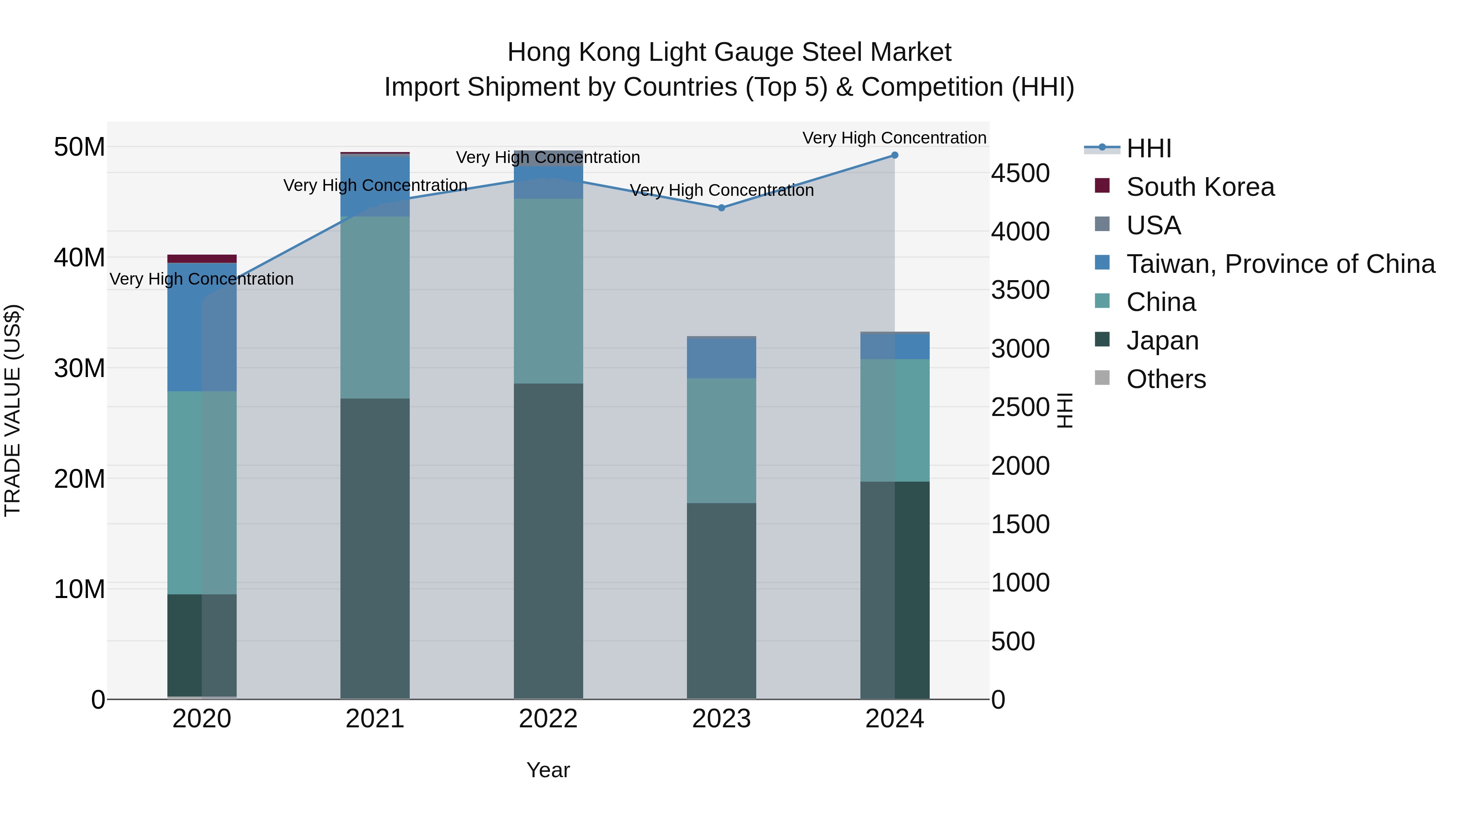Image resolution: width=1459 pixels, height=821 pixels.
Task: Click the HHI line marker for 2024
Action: click(x=894, y=155)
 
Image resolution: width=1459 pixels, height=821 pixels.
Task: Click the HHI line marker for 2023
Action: click(x=721, y=208)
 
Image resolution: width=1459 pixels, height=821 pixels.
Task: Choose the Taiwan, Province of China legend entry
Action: click(x=1280, y=264)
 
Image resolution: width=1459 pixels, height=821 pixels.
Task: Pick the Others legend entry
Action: click(x=1166, y=379)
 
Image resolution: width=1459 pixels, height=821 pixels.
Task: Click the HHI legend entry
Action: click(x=1148, y=148)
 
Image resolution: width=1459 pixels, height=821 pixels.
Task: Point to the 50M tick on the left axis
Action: click(x=79, y=147)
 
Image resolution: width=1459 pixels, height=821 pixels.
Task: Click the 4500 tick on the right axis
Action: click(x=1020, y=174)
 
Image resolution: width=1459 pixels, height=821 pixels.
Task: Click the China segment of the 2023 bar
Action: click(x=721, y=440)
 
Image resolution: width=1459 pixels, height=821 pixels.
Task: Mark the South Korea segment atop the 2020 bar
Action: click(x=202, y=259)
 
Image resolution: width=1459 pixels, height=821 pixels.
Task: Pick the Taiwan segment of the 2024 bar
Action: click(x=894, y=346)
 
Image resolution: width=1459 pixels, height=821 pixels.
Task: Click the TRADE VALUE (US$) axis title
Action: click(x=13, y=410)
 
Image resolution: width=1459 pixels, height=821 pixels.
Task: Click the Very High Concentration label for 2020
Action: click(x=202, y=279)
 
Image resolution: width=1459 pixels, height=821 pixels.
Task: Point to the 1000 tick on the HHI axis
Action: click(x=1020, y=583)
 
